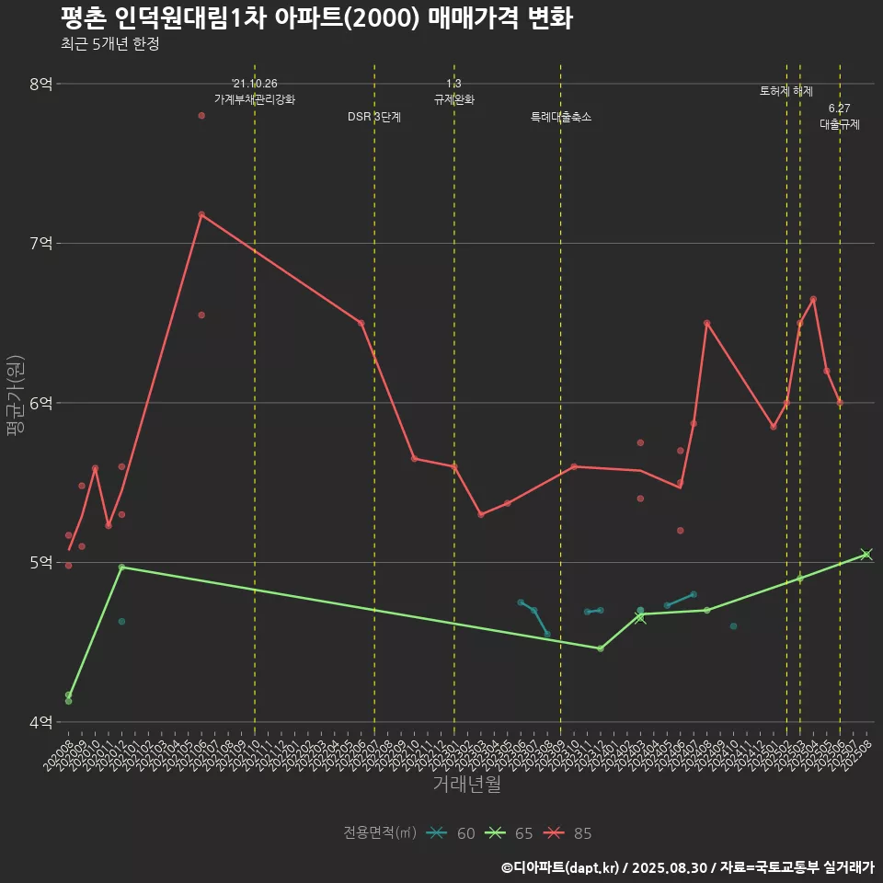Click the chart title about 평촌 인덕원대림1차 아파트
tap(317, 17)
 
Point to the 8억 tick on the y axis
tap(41, 84)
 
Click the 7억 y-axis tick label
tap(41, 243)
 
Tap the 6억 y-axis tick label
tap(41, 403)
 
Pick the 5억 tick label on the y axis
tap(41, 562)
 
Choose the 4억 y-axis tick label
tap(41, 722)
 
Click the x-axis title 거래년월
tap(466, 785)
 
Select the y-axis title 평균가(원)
tap(16, 402)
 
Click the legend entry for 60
tap(452, 833)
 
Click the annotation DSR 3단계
tap(374, 118)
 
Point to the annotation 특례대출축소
tap(561, 118)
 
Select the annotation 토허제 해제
tap(786, 91)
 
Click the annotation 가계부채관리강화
tap(255, 99)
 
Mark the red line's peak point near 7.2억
tap(201, 214)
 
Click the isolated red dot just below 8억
tap(201, 116)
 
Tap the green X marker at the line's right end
tap(866, 554)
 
